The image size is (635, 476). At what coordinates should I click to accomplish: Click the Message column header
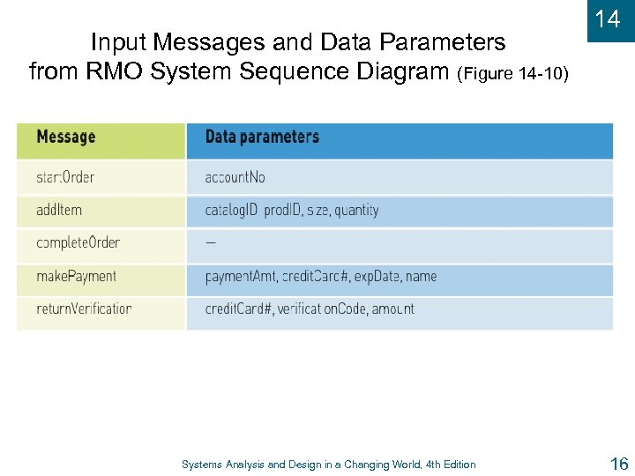pyautogui.click(x=66, y=138)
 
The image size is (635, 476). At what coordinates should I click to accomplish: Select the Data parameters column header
pyautogui.click(x=262, y=138)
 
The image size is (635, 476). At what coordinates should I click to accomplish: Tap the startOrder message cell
pyautogui.click(x=65, y=177)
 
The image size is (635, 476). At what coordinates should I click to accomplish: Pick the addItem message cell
pyautogui.click(x=59, y=211)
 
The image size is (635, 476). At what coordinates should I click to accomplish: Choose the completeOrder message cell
pyautogui.click(x=78, y=243)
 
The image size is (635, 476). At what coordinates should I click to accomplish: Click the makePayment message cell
pyautogui.click(x=76, y=276)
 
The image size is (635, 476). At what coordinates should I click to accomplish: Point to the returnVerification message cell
pyautogui.click(x=84, y=309)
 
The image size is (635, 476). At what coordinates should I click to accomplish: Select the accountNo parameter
pyautogui.click(x=235, y=177)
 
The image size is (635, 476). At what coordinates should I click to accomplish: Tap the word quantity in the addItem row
pyautogui.click(x=357, y=211)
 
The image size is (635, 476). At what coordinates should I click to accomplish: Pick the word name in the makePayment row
pyautogui.click(x=421, y=276)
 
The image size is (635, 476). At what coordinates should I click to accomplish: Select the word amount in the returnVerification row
pyautogui.click(x=392, y=309)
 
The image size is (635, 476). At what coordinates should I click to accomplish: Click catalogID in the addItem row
pyautogui.click(x=230, y=211)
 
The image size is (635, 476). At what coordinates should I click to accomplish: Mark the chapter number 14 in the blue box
pyautogui.click(x=608, y=19)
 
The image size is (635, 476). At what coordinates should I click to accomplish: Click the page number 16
pyautogui.click(x=617, y=464)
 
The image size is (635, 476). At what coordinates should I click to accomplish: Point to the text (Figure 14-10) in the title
pyautogui.click(x=513, y=73)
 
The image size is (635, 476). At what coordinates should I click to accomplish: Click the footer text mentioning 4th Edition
pyautogui.click(x=328, y=465)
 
